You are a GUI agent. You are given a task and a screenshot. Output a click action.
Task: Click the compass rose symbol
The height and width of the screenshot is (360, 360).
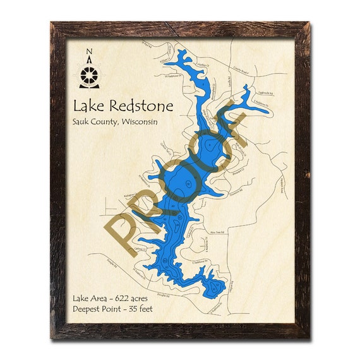90,75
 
